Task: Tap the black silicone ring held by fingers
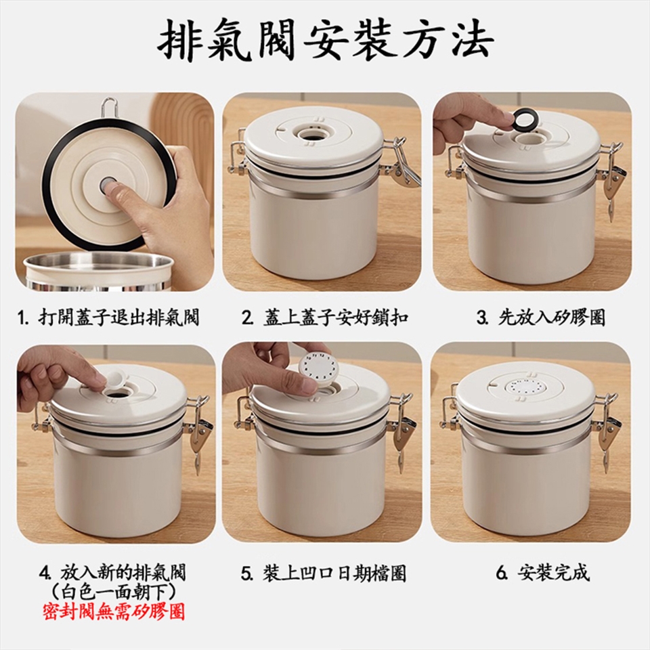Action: [525, 120]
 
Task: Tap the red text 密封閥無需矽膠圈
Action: [114, 612]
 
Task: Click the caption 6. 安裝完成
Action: [542, 573]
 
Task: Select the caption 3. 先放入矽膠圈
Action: [541, 318]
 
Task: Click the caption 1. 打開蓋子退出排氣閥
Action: [108, 318]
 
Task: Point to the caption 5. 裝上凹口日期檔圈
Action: [324, 573]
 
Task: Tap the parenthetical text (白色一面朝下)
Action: [113, 592]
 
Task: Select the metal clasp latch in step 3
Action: [612, 181]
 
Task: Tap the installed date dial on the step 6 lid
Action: [525, 387]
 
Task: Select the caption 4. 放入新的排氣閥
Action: [113, 573]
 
